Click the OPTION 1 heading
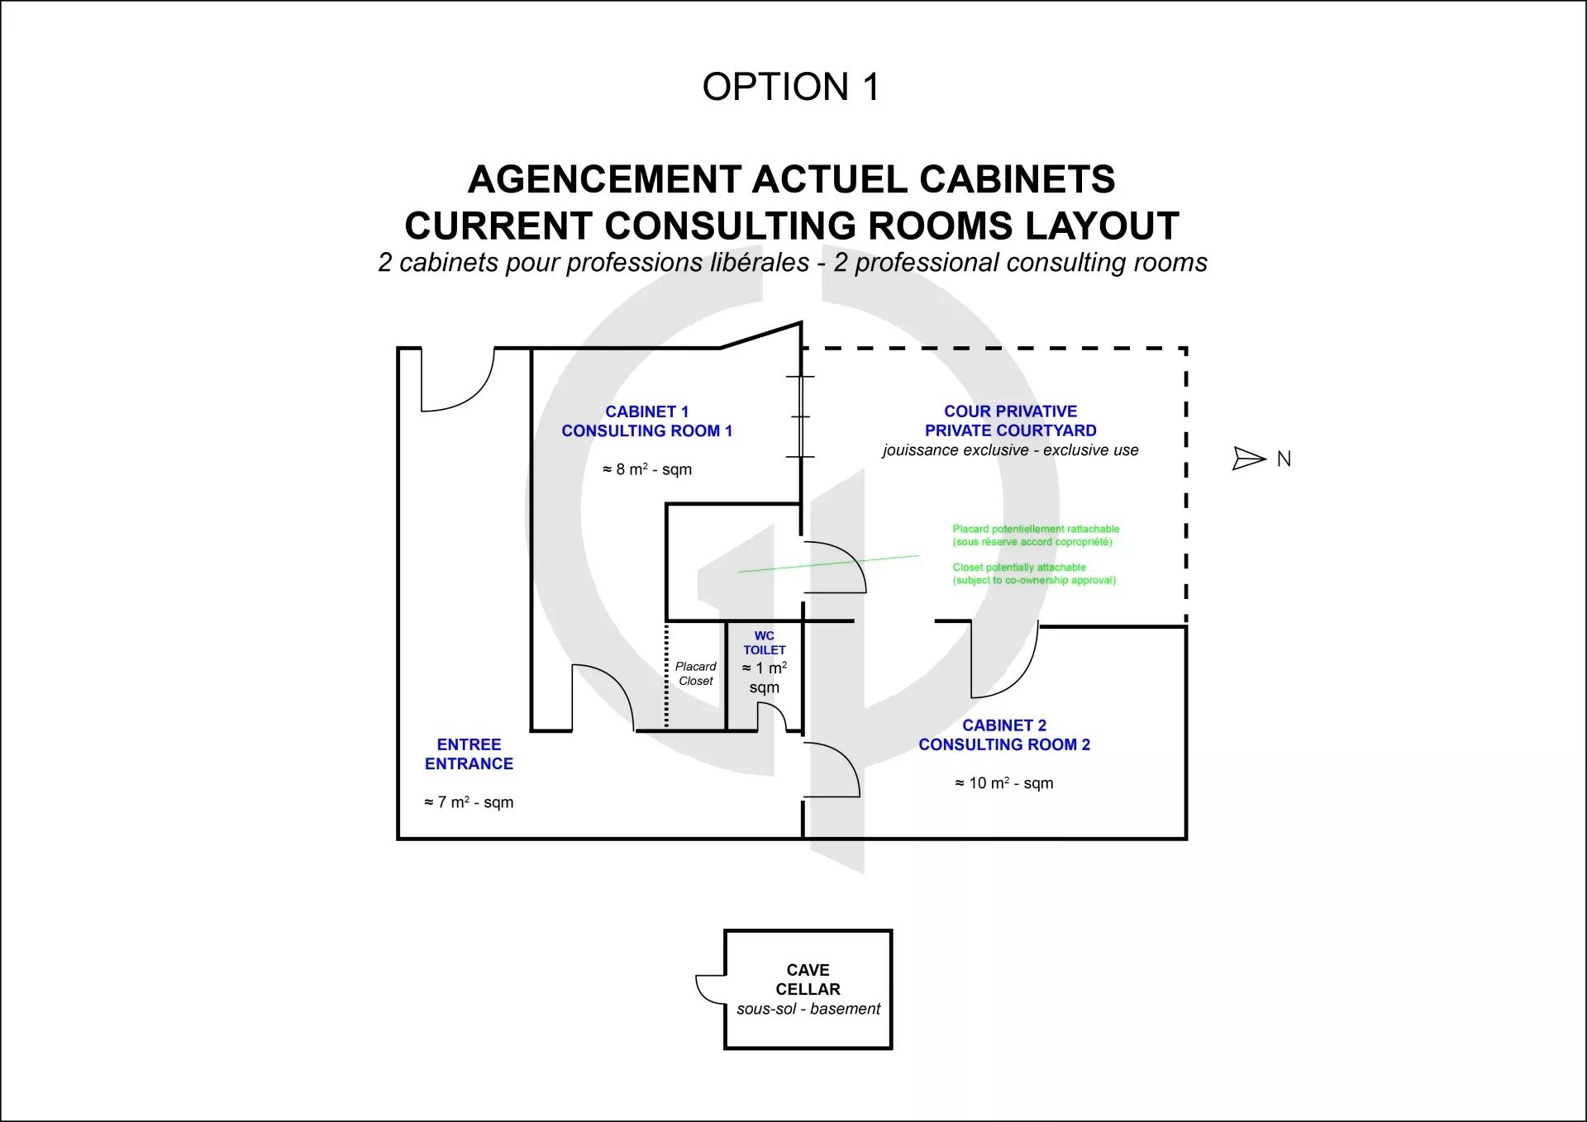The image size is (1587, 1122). [790, 87]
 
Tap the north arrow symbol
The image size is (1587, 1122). [1249, 459]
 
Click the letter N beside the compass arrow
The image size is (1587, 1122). [1284, 459]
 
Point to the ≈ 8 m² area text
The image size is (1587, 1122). [647, 469]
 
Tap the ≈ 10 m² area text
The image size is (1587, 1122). [1004, 782]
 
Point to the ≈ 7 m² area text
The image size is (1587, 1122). [469, 802]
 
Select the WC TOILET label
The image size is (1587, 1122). [764, 643]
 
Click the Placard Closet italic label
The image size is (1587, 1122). [695, 673]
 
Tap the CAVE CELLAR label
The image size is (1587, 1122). [808, 979]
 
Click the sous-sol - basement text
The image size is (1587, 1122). [808, 1009]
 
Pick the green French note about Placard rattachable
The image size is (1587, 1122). [1036, 535]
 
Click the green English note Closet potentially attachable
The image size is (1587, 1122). [1034, 573]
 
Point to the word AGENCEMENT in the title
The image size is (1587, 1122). [604, 179]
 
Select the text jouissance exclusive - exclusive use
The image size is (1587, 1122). [1010, 450]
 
